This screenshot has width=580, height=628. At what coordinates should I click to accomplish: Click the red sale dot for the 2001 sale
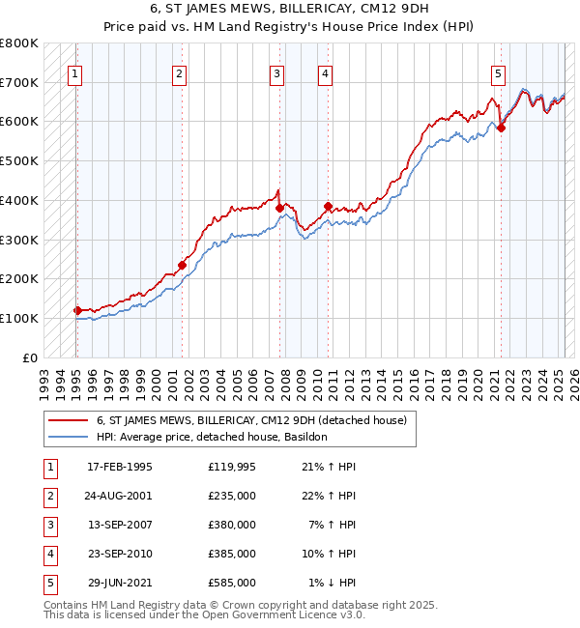tap(182, 265)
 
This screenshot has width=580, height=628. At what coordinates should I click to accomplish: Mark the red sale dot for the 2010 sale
tap(328, 206)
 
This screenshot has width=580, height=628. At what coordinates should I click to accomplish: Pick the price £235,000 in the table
tap(231, 497)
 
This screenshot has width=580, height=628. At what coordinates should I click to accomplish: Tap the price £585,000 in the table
tap(231, 583)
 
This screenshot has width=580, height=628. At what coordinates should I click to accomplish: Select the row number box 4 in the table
tap(48, 555)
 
